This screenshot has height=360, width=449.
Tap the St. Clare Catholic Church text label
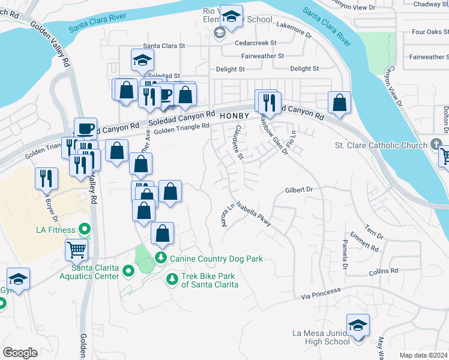(x=380, y=146)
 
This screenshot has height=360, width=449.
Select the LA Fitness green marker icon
(x=85, y=229)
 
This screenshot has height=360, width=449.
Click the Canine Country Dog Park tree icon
(x=160, y=258)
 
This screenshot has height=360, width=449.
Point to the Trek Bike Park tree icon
(x=172, y=279)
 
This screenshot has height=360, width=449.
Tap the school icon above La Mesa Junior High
(x=358, y=326)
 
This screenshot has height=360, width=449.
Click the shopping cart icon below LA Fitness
(x=76, y=248)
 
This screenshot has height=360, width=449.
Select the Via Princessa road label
(x=321, y=293)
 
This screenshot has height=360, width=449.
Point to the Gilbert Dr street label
(x=300, y=190)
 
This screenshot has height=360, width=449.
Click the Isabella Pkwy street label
(x=253, y=214)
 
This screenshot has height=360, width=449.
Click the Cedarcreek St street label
(x=256, y=43)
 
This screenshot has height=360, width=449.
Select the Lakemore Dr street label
(x=294, y=26)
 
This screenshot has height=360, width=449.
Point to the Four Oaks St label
(x=427, y=32)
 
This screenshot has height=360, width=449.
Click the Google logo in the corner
(x=20, y=353)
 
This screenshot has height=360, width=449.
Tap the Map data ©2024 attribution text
(x=423, y=355)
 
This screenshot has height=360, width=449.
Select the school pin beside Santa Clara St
(x=143, y=59)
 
